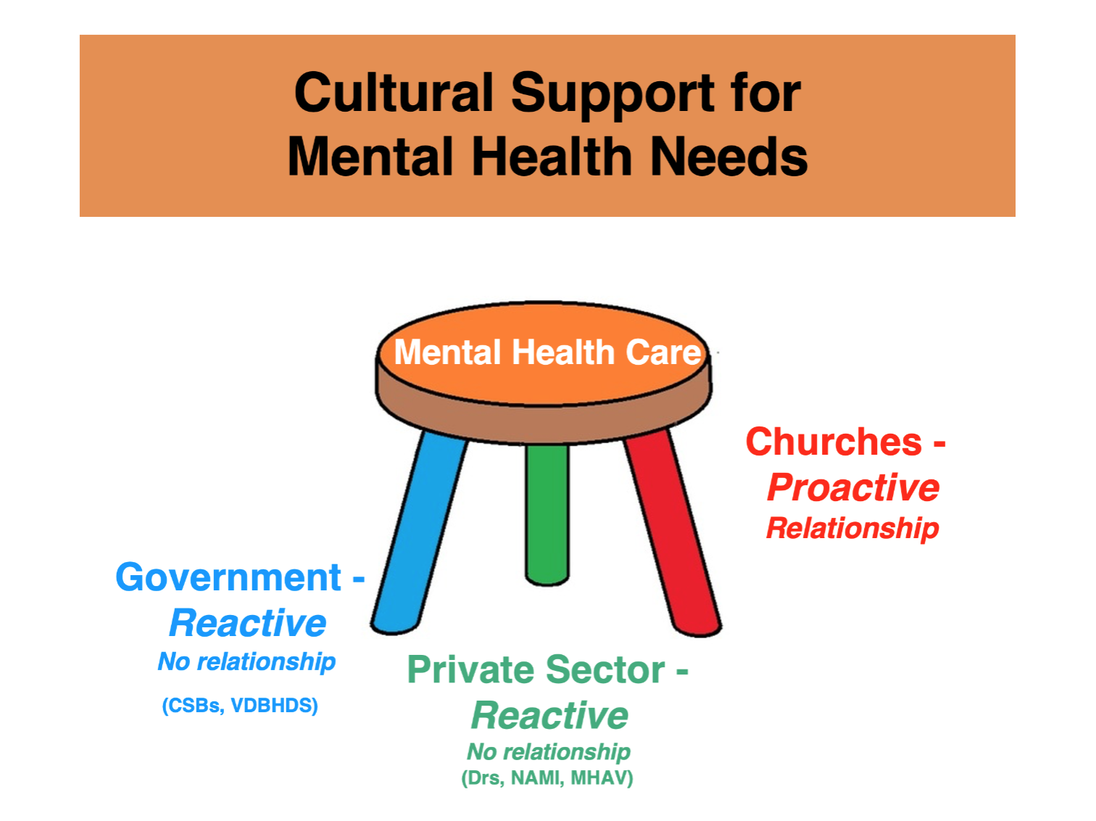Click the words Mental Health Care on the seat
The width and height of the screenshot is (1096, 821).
(x=547, y=352)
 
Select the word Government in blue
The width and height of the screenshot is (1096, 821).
(x=228, y=578)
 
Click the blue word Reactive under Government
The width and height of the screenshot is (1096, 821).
(x=247, y=624)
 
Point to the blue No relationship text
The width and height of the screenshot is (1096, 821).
(x=246, y=661)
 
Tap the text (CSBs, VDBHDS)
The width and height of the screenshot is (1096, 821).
(x=240, y=706)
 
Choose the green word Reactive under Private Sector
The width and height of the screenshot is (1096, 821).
(x=549, y=716)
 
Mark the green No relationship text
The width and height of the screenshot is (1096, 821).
(x=549, y=751)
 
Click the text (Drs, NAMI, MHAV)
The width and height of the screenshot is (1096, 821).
(x=547, y=778)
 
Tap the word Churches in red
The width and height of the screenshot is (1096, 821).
(x=834, y=442)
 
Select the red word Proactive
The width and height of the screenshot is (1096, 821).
(x=853, y=487)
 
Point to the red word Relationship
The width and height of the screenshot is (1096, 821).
(x=852, y=528)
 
